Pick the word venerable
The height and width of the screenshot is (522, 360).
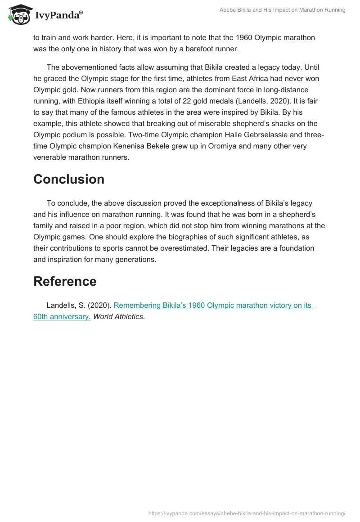[x=52, y=157]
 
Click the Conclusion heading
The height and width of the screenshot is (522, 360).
[x=68, y=179]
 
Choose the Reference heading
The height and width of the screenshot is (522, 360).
[x=65, y=281]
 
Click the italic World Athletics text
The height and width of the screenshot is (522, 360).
[x=119, y=316]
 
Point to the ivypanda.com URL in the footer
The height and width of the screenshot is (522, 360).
[x=247, y=513]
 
